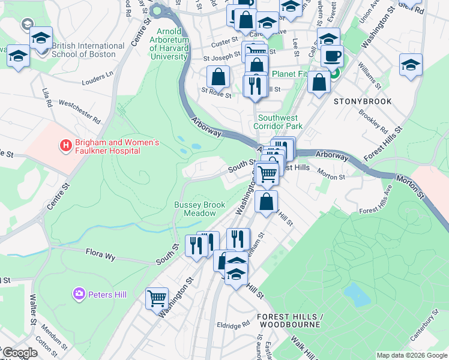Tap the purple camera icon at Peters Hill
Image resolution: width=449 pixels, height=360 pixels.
click(79, 294)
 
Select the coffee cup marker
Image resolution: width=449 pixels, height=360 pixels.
click(331, 57)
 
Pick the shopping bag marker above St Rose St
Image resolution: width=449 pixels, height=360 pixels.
click(218, 77)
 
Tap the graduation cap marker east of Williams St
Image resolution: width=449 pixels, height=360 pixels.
click(411, 65)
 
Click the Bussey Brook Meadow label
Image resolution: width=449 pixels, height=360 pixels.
click(195, 209)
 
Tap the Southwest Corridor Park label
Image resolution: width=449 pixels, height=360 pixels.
click(277, 122)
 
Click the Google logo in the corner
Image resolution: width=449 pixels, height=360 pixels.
click(19, 353)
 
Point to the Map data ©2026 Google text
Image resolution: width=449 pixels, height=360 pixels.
click(411, 355)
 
